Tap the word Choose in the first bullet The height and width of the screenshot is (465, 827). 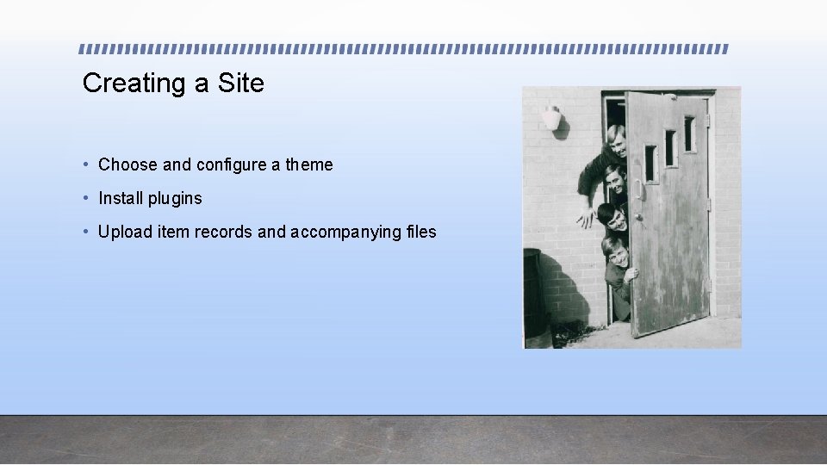tap(127, 164)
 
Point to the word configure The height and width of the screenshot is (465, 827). tap(231, 164)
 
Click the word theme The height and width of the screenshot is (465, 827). tap(308, 164)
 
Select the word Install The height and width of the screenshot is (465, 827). tap(121, 198)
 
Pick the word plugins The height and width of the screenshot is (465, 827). tap(175, 199)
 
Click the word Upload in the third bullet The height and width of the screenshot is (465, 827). tap(122, 232)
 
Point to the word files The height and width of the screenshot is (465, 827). tap(421, 232)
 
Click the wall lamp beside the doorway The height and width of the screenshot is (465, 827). tap(552, 118)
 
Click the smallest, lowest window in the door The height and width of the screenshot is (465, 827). tap(650, 164)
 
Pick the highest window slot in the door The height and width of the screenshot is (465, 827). tap(689, 133)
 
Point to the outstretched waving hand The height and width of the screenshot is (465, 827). tap(586, 217)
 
